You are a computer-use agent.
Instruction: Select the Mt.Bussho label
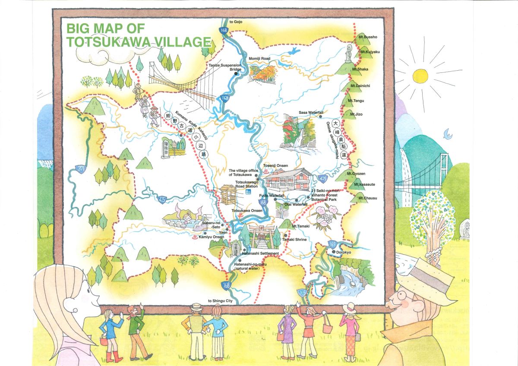coord(368,37)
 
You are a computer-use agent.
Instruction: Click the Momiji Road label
coord(259,58)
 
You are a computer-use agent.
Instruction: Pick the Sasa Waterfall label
coord(311,113)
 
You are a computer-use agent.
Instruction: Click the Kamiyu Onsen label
coord(211,237)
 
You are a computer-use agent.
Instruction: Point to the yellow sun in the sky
coord(420,76)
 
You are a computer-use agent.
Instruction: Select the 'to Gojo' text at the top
coord(237,22)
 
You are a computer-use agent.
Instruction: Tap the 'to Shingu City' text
coord(223,301)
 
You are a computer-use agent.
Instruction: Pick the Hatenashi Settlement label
coord(260,253)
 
